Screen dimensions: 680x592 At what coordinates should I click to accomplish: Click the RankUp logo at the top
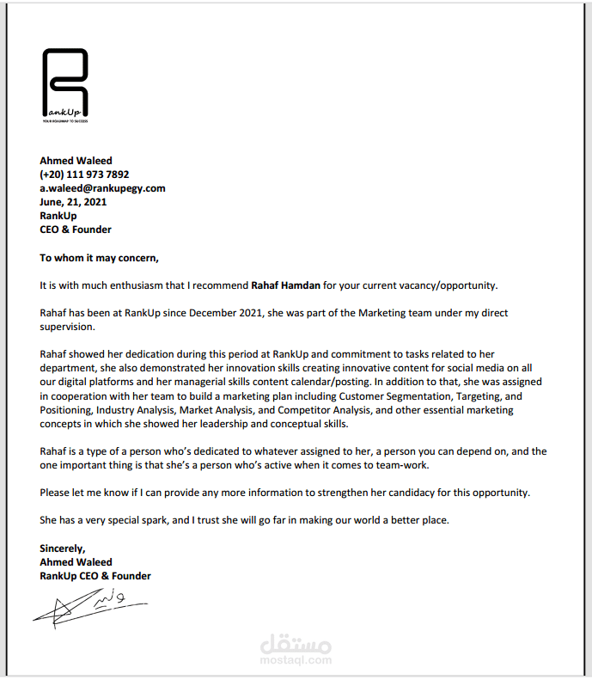pos(64,85)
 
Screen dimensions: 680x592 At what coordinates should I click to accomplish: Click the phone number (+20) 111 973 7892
pos(84,175)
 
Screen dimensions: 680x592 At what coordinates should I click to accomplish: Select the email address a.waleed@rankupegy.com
pos(102,188)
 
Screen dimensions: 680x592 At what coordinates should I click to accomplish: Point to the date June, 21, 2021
pos(73,202)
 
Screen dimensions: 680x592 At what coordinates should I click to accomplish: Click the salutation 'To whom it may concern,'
pos(100,257)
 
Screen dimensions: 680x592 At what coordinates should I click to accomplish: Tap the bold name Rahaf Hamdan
pos(286,285)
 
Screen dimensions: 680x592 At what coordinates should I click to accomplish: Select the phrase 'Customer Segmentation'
pos(394,396)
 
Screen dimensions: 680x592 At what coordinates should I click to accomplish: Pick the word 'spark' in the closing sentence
pos(150,520)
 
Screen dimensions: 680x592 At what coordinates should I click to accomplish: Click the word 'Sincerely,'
pos(63,548)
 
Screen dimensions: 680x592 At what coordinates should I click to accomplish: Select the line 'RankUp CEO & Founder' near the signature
pos(95,576)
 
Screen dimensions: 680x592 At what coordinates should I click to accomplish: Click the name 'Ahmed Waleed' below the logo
pos(76,161)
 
